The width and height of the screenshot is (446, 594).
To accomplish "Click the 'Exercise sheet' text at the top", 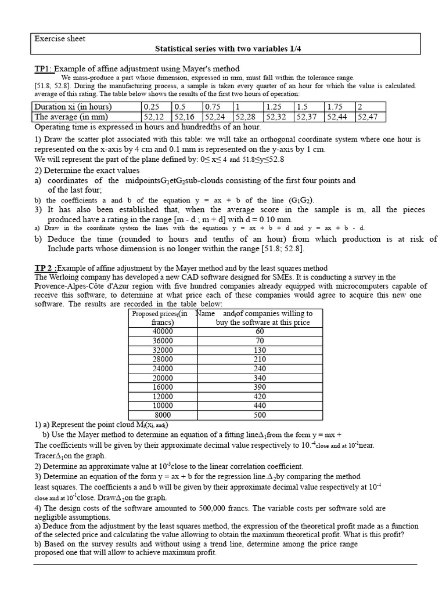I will [60, 39].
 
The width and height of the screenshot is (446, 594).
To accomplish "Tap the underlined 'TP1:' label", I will [43, 69].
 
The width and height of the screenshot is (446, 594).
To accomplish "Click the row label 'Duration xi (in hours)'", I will [73, 107].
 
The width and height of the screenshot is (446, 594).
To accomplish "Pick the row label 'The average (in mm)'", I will [71, 117].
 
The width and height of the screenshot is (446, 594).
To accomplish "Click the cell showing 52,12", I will [154, 117].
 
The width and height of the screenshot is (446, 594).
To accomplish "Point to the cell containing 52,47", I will [368, 117].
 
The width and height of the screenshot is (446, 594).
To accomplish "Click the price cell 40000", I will [163, 331].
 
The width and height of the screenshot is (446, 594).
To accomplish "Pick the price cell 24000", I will [163, 368].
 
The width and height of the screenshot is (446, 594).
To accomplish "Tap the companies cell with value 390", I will [260, 387].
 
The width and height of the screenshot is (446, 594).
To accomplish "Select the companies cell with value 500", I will [260, 415].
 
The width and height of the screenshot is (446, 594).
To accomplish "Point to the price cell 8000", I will [163, 415].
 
